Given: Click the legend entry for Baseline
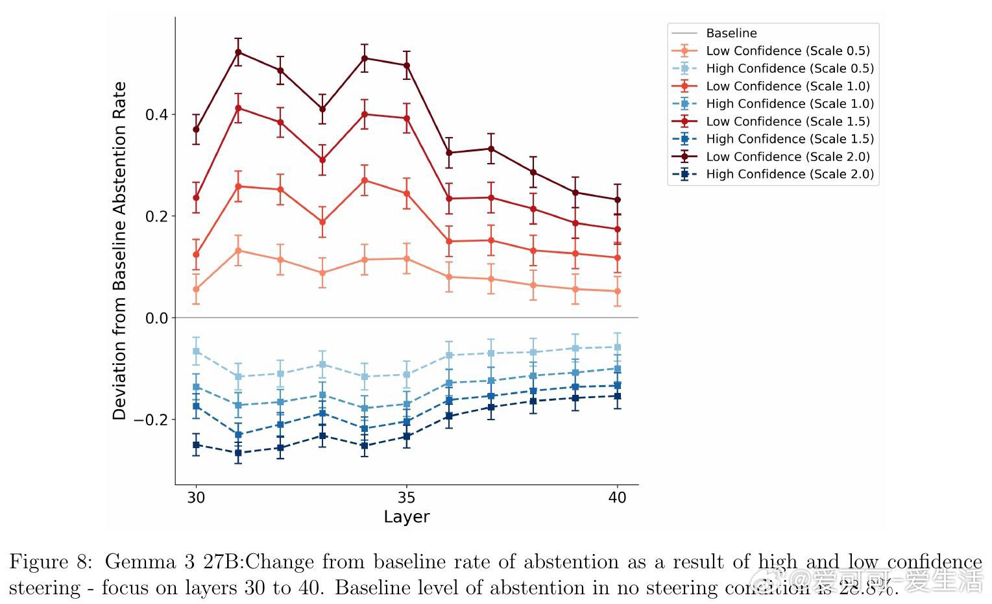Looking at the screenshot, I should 731,33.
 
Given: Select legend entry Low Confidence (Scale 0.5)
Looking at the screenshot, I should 788,51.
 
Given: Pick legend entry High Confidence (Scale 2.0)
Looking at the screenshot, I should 790,174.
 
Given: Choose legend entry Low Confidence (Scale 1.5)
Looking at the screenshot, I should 788,121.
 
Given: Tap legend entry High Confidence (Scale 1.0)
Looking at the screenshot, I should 790,104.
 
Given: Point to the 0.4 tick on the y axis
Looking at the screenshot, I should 156,115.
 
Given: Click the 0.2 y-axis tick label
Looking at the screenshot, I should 156,216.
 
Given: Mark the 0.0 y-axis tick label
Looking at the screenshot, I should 156,318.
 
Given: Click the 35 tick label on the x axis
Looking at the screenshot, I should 406,497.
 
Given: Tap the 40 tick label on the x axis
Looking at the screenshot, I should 617,497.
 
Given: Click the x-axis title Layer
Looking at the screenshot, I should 406,517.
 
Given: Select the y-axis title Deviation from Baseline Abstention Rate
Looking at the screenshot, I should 119,251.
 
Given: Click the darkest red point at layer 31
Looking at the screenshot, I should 238,52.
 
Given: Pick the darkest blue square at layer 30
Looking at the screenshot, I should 196,445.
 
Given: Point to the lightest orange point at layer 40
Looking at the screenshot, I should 617,292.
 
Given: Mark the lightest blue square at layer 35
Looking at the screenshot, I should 406,375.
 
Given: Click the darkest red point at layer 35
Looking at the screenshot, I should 406,66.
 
